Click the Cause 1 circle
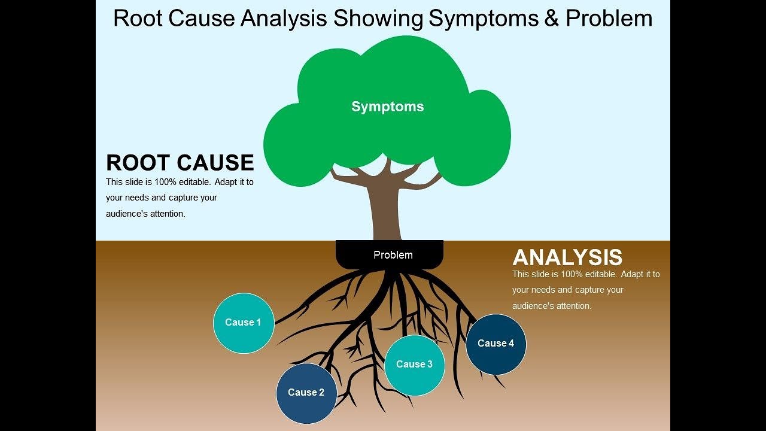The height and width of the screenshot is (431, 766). pyautogui.click(x=244, y=323)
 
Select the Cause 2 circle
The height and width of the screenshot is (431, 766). pyautogui.click(x=306, y=393)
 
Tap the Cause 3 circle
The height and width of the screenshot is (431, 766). pyautogui.click(x=414, y=365)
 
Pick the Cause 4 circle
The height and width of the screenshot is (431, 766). pyautogui.click(x=496, y=344)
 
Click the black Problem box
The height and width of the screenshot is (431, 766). pyautogui.click(x=390, y=255)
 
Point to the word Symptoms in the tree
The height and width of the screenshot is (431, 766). pyautogui.click(x=387, y=107)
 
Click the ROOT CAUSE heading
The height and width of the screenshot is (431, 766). pyautogui.click(x=180, y=163)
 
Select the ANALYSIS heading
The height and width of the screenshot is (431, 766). pyautogui.click(x=567, y=257)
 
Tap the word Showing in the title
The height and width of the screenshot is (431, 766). pyautogui.click(x=378, y=19)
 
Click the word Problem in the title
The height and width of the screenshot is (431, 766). pyautogui.click(x=609, y=19)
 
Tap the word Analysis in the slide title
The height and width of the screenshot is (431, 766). pyautogui.click(x=284, y=19)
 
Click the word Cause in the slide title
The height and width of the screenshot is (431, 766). pyautogui.click(x=202, y=19)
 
